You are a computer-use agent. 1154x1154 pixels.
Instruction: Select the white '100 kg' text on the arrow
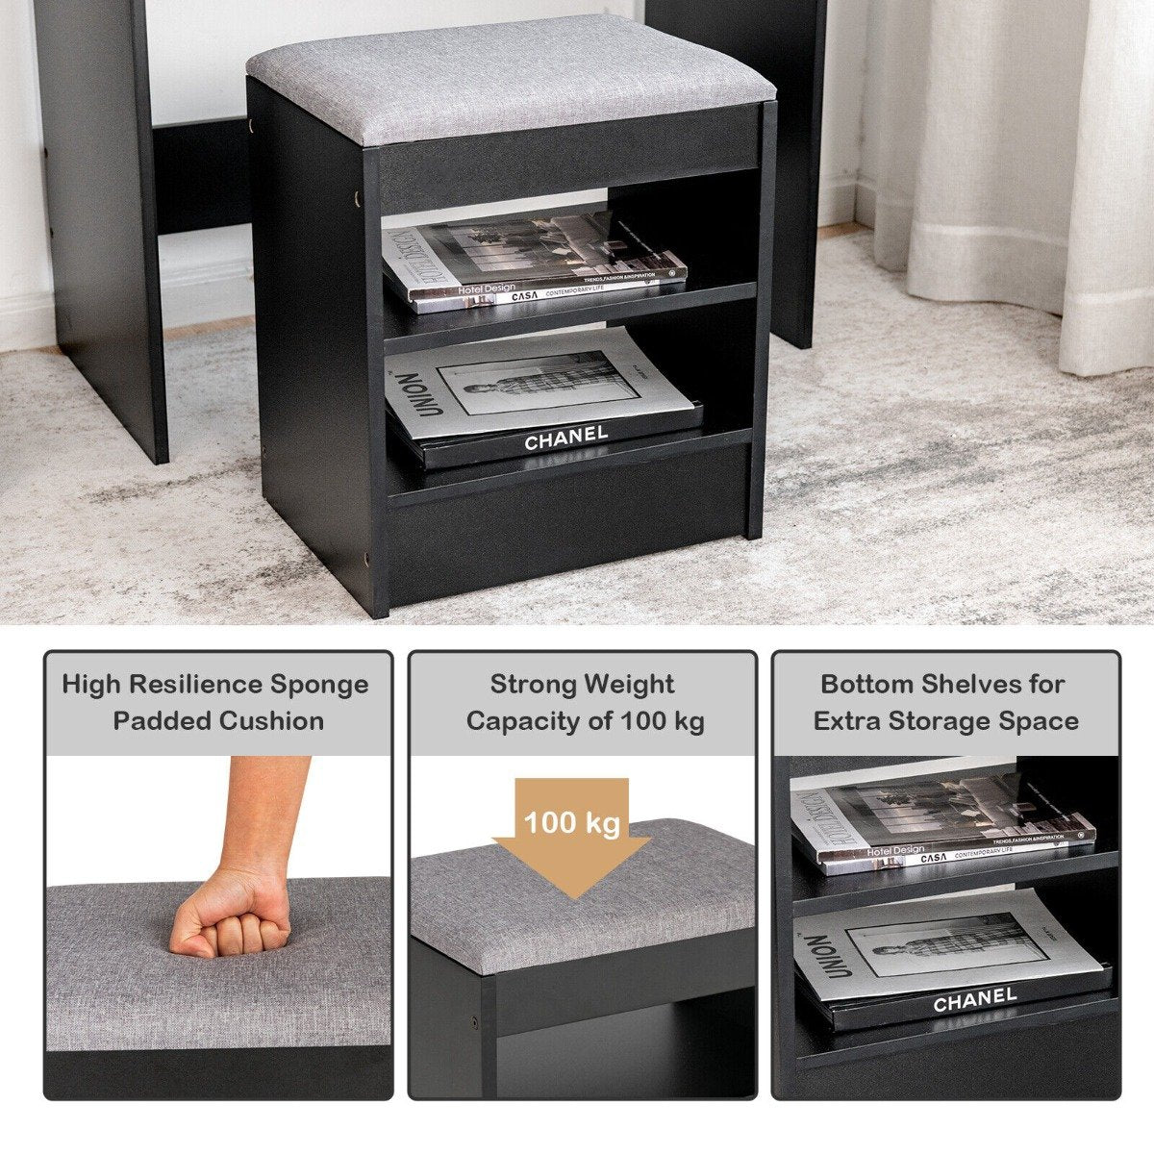click(572, 824)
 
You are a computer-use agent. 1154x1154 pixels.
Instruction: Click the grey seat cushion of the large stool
click(510, 77)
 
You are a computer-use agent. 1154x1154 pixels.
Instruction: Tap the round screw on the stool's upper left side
click(359, 197)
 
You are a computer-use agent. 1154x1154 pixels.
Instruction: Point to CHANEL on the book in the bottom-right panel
click(974, 1001)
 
